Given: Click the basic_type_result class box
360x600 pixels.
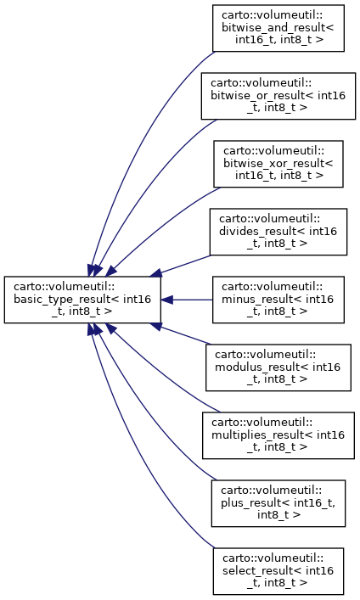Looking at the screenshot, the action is click(x=82, y=300).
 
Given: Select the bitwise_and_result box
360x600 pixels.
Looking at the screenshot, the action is click(x=278, y=28).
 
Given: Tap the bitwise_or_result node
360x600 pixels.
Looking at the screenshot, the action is click(x=278, y=96).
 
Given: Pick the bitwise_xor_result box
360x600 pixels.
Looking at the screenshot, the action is click(x=278, y=164).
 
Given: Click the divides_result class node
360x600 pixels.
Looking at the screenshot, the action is click(x=278, y=232).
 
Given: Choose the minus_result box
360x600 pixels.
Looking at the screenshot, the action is click(x=278, y=300).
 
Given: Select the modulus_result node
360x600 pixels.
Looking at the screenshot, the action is click(x=278, y=367).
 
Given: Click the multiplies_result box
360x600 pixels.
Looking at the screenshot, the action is click(x=278, y=435).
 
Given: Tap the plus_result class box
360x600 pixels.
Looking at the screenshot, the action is click(x=278, y=503).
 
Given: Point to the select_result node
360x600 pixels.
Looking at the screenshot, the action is click(x=278, y=571).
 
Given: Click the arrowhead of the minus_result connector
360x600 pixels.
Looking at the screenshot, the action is click(x=166, y=300).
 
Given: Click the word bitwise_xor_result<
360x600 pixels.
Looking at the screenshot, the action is click(x=278, y=164).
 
